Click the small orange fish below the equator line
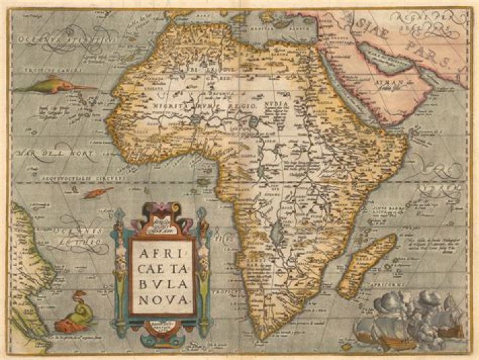99,192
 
